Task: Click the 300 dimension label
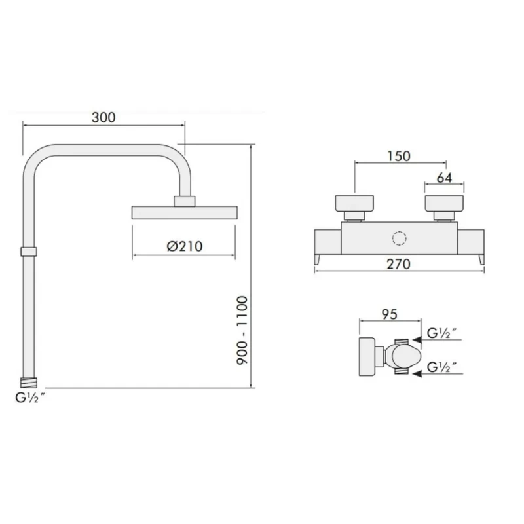point(103,118)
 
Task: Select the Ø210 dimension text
point(184,246)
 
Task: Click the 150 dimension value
point(398,156)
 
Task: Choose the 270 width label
point(398,265)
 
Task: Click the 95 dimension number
point(389,314)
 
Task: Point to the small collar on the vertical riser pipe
point(29,251)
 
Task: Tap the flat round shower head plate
point(184,212)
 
